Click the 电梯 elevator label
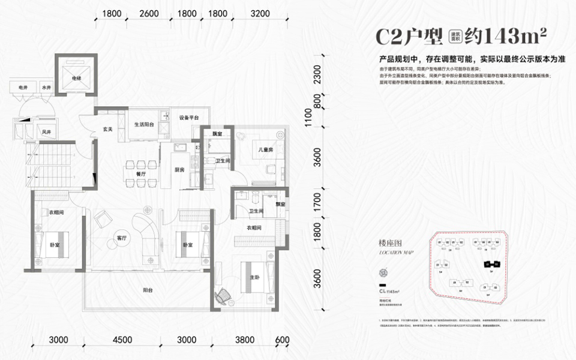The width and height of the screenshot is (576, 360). tap(77, 78)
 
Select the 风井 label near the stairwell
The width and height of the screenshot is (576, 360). tap(46, 131)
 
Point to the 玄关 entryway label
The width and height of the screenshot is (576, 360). tap(108, 128)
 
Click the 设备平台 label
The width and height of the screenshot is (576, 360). tap(184, 118)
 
